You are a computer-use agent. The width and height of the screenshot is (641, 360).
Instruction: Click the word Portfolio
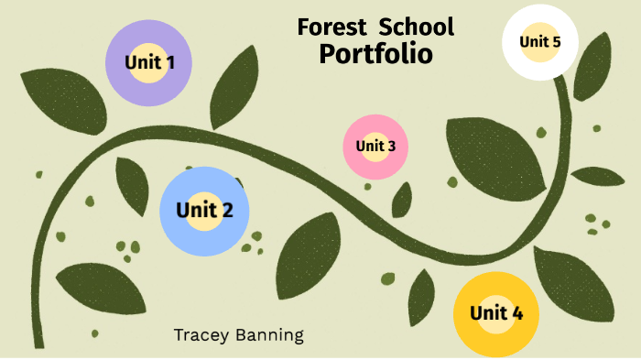[x=375, y=53]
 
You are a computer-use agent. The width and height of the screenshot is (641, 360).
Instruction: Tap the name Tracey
[x=203, y=334]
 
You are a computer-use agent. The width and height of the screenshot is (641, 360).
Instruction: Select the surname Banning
[x=270, y=335]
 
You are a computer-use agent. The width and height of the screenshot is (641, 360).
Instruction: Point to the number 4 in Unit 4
[x=517, y=313]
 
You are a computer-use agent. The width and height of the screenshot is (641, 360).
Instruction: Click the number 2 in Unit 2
[x=226, y=210]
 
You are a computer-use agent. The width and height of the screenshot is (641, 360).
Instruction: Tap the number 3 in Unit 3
[x=391, y=146]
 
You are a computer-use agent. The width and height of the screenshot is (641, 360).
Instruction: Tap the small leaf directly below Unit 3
[x=401, y=200]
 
